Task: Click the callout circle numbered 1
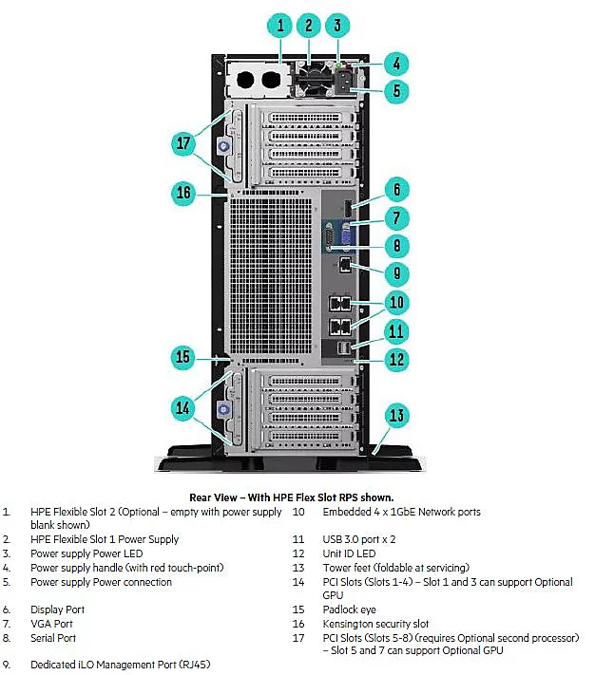tap(281, 27)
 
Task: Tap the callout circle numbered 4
tap(397, 66)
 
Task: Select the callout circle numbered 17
tap(184, 143)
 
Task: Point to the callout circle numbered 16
tap(184, 193)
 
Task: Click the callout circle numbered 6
tap(397, 189)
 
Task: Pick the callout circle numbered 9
tap(397, 273)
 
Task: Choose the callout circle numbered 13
tap(397, 415)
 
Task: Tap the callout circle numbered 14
tap(184, 407)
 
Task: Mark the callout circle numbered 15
tap(184, 357)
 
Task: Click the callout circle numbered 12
tap(397, 359)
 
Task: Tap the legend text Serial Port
tap(53, 639)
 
